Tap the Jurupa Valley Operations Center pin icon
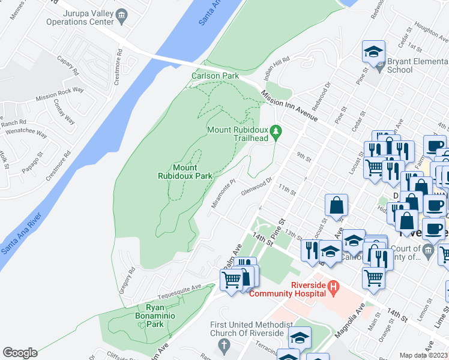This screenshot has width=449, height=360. coord(122,14)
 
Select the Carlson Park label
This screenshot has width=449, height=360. coord(215,76)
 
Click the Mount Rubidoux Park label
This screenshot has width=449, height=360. coord(185,172)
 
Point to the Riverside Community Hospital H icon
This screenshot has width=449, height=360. coord(334,290)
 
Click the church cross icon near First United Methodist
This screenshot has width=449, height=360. coord(224,346)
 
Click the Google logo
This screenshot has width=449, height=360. coord(20,353)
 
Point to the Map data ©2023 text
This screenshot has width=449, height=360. coord(424,355)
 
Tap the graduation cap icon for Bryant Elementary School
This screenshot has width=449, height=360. coord(373,52)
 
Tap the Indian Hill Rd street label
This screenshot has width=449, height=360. coord(277,68)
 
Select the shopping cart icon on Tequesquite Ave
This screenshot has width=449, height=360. coord(231,280)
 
